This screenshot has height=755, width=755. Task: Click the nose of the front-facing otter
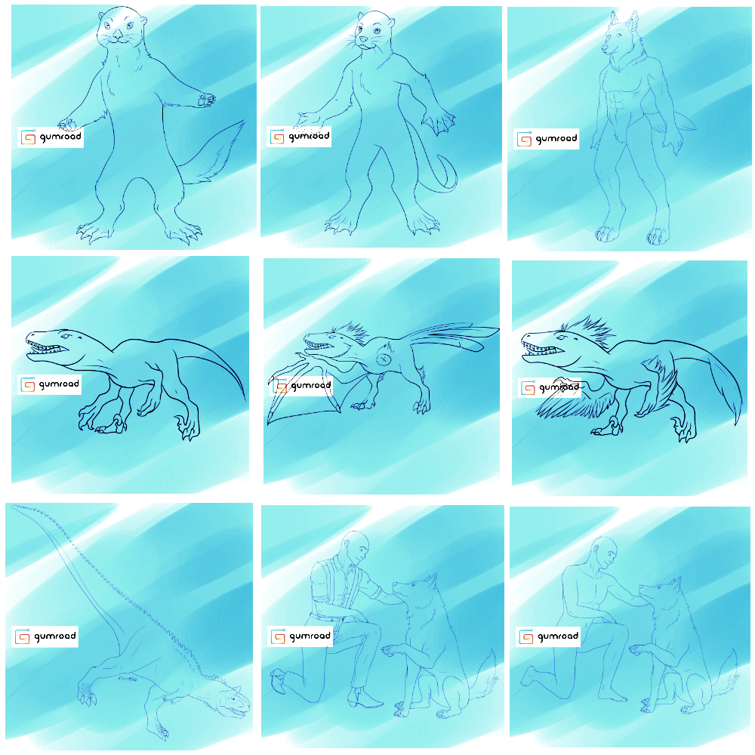pos(118,35)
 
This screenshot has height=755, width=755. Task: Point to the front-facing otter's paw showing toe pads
pos(205,100)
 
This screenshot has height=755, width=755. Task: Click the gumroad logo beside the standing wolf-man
pos(546,139)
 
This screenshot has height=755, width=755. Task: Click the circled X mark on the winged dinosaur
pos(384,359)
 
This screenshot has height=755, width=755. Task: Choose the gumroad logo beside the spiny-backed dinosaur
pos(45,636)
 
